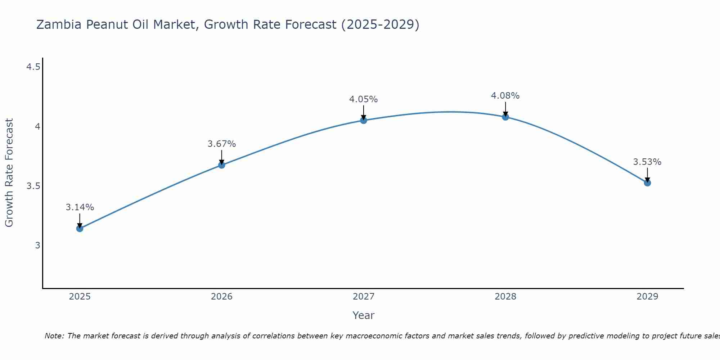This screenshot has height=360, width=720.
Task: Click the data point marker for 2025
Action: pos(80,229)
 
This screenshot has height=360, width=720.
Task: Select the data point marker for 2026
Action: pos(222,165)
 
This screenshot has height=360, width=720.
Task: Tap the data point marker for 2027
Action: pos(364,120)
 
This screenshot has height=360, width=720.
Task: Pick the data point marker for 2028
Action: pos(505,117)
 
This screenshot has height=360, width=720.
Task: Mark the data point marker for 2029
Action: pos(647,183)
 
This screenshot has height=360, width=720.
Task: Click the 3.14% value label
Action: pos(80,207)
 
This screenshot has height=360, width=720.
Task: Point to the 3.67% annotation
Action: pos(222,144)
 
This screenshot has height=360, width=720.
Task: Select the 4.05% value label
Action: pos(364,99)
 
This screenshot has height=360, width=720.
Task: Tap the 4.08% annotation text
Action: pos(505,96)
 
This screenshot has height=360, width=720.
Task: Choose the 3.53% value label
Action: pos(647,162)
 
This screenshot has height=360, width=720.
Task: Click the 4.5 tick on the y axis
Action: pos(33,67)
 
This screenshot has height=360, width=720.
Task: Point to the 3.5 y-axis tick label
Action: pos(33,186)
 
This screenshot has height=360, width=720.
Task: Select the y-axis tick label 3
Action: pos(37,246)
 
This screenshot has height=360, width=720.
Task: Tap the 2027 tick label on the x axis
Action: pos(364,297)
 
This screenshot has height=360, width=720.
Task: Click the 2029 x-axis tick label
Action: pos(647,297)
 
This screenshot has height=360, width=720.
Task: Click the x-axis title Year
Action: pos(364,315)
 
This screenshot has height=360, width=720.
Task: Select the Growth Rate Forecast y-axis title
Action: pos(9,173)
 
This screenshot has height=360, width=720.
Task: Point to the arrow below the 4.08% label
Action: pos(505,109)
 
